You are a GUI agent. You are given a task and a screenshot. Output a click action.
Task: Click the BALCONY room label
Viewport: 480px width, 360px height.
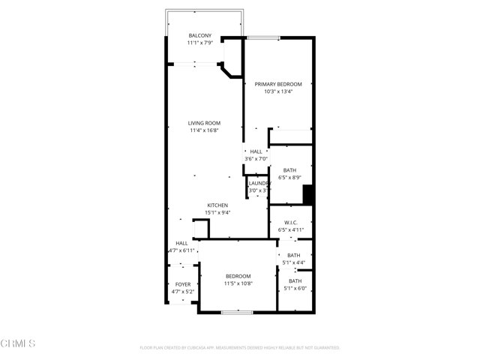tap(200, 35)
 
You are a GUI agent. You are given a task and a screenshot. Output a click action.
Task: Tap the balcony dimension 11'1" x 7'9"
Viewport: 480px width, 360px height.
tap(200, 43)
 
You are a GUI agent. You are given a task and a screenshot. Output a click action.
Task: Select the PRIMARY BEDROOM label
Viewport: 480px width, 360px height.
tap(278, 84)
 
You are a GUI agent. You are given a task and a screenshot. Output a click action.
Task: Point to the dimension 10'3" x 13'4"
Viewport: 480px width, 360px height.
tap(278, 91)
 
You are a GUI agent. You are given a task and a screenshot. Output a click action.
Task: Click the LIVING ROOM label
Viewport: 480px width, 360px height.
tap(204, 123)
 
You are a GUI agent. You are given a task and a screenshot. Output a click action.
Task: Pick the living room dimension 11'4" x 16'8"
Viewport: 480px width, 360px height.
tap(204, 130)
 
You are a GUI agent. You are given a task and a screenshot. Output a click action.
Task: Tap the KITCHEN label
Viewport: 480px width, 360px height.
tap(218, 205)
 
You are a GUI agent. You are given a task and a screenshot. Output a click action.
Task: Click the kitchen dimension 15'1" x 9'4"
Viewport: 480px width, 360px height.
tap(218, 212)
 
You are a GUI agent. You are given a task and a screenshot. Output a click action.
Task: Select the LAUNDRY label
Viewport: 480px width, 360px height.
tap(259, 183)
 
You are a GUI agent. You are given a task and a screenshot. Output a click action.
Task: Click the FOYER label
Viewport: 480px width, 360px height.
tap(183, 284)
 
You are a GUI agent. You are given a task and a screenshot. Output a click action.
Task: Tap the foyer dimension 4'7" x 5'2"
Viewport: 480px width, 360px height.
tap(183, 292)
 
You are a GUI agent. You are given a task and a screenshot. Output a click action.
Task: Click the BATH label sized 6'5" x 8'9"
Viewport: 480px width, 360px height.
tap(289, 170)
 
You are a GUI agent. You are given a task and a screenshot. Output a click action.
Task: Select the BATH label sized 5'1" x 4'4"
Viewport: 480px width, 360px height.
tap(294, 255)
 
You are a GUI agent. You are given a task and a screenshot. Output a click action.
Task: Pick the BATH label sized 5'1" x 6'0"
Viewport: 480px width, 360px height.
tap(295, 281)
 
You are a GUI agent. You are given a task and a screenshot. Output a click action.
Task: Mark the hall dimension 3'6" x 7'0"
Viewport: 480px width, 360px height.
tap(256, 159)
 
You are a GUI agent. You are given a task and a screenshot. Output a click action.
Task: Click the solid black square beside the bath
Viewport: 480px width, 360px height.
tap(307, 194)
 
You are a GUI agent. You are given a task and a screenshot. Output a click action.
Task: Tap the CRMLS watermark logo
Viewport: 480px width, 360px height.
tap(18, 344)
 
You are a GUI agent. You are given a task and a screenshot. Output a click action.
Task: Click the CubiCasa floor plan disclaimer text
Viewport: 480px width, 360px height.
tap(240, 348)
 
